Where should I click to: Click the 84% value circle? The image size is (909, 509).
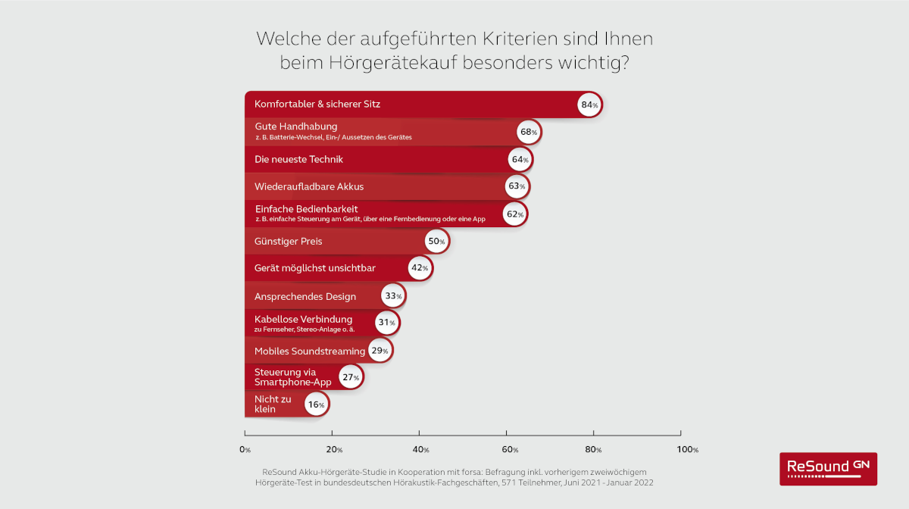pos(589,105)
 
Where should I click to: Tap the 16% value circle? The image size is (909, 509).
pos(315,405)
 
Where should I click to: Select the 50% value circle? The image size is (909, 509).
pos(436,242)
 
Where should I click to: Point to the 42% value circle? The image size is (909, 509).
pos(419,268)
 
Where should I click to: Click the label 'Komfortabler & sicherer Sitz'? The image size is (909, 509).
pos(317,105)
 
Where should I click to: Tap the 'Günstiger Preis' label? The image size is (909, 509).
pos(289,242)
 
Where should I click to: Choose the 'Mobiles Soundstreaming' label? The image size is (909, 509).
pos(310,351)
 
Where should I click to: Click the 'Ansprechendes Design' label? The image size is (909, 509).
pos(305,296)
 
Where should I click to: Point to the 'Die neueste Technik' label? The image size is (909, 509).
pos(299,159)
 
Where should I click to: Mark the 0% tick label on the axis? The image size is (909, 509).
pos(245,450)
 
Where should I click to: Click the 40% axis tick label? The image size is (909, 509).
pos(421,450)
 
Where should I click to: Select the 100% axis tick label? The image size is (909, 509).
pos(688,450)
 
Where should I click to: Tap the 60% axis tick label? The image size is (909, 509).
pos(510,450)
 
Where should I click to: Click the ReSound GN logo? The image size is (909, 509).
pos(828,468)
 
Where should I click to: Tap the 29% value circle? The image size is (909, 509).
pos(380,351)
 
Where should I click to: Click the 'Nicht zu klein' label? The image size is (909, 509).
pos(272,403)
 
